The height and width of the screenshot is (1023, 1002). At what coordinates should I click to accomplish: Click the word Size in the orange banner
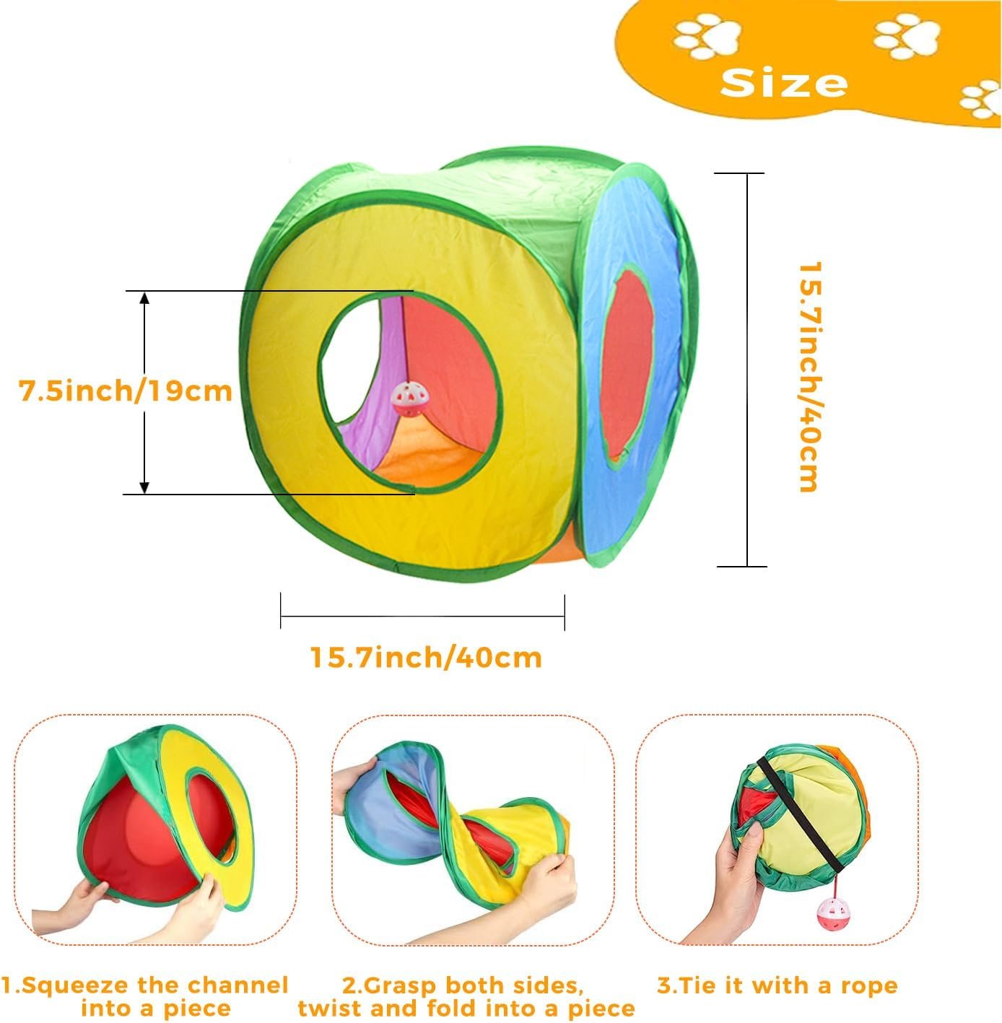(x=784, y=83)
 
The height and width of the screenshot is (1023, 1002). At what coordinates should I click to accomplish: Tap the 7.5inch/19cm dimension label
(x=126, y=391)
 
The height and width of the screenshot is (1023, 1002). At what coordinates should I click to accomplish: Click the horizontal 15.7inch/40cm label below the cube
(x=426, y=657)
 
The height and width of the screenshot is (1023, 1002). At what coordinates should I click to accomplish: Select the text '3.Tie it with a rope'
(x=777, y=985)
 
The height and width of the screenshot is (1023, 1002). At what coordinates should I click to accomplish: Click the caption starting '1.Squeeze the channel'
(x=144, y=996)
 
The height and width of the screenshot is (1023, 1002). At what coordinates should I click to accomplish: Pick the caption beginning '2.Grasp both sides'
(x=466, y=996)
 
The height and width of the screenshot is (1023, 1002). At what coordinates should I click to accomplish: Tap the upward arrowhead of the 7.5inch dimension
(x=144, y=298)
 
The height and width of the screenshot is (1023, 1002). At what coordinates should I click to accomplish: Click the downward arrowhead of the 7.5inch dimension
(x=144, y=487)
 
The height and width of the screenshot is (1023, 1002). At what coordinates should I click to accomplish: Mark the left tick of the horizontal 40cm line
(x=281, y=611)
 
